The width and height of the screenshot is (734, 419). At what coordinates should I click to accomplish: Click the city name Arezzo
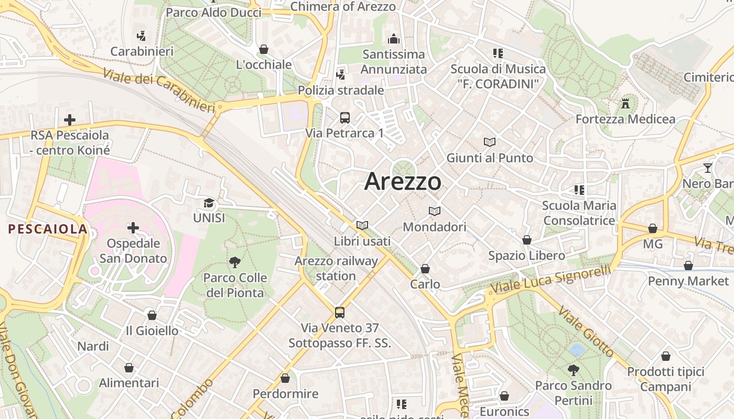(x=403, y=181)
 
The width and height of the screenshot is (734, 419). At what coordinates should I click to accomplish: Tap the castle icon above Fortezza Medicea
(x=625, y=103)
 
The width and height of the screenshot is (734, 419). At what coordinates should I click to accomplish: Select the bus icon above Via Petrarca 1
(x=344, y=118)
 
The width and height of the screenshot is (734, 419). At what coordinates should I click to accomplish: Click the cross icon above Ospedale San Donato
(x=133, y=228)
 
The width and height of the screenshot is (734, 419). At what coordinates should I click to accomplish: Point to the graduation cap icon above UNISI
(x=209, y=203)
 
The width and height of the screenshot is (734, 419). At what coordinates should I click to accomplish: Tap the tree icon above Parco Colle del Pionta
(x=235, y=262)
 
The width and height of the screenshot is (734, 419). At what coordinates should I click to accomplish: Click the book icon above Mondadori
(x=434, y=211)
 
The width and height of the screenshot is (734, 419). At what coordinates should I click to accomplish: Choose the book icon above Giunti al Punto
(x=490, y=142)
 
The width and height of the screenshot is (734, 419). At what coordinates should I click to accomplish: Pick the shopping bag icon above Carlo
(x=425, y=269)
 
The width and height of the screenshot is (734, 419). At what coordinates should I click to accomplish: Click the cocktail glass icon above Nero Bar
(x=708, y=168)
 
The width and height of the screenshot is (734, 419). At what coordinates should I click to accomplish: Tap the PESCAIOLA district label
(x=48, y=229)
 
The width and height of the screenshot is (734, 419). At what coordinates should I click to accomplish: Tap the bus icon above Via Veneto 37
(x=340, y=313)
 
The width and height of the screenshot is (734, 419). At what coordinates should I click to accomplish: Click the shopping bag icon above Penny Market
(x=688, y=266)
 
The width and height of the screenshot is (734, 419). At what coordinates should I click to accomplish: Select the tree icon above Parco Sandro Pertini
(x=574, y=370)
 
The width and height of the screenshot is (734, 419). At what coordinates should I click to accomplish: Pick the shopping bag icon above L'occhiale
(x=264, y=49)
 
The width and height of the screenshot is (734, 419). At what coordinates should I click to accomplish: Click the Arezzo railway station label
(x=336, y=268)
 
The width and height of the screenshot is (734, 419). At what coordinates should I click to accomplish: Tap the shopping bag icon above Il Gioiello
(x=152, y=315)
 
